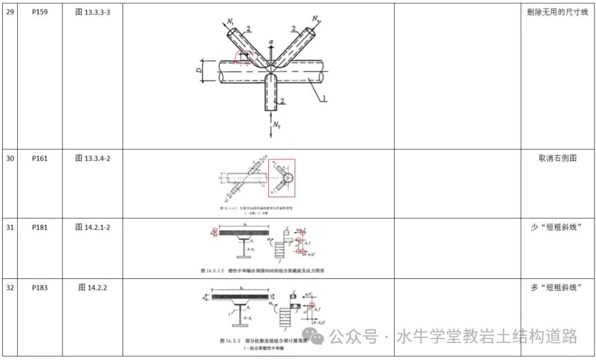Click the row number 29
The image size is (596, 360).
coord(10,12)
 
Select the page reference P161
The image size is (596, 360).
coord(40,158)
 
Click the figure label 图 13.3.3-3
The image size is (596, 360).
coord(92,12)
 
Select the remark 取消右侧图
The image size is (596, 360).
coord(557,158)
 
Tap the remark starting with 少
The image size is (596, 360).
coord(557,227)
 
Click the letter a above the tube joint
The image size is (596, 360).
coord(270,43)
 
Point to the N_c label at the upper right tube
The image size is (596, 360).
coord(315,20)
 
